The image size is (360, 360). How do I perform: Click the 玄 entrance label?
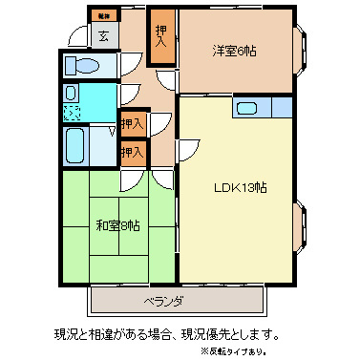pos(102,37)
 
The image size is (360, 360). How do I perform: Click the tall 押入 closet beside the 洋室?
pos(162,37)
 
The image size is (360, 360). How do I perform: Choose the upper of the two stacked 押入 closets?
pos(133,124)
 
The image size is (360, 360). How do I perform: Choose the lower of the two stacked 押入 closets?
pos(133,151)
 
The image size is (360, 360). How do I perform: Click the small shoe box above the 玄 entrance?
pos(102,15)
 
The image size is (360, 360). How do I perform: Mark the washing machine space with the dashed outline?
pos(73,112)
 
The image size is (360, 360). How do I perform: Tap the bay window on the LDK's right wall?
pos(301,227)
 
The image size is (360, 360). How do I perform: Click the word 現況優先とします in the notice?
pos(235,334)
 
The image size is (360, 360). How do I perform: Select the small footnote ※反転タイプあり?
pos(310,352)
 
